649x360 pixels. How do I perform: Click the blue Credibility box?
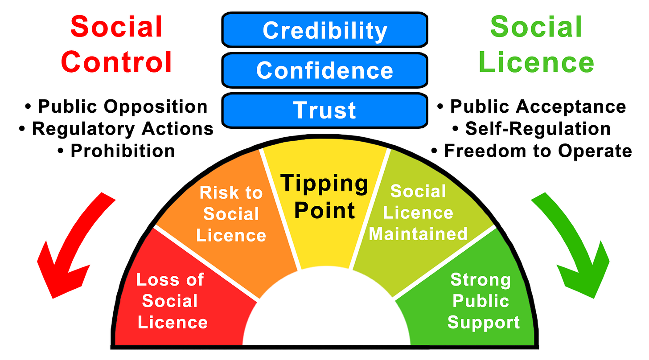point(324,30)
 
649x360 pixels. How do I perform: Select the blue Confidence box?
point(324,70)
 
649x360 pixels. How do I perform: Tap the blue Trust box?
point(324,110)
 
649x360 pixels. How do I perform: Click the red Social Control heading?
point(116,44)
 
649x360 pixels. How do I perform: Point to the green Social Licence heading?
point(536,44)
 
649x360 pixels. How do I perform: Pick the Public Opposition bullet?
point(117,107)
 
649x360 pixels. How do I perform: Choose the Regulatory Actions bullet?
point(117,129)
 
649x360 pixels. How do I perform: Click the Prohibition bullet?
point(117,151)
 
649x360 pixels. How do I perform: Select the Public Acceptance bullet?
point(532,107)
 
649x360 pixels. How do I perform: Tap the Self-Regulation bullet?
point(532,129)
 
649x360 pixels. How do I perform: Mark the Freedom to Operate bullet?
point(532,151)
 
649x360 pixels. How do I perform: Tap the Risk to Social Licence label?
point(231,214)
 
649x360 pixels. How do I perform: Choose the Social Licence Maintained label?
point(418,213)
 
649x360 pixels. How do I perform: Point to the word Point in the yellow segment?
point(325,210)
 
